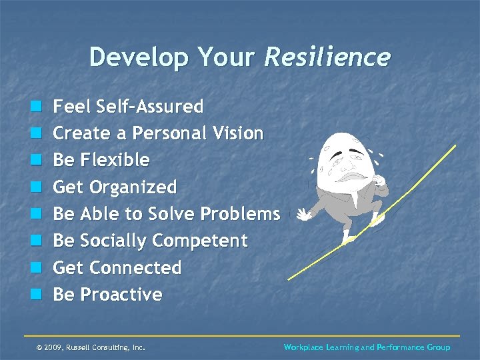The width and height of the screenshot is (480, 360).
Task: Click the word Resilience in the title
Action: [327, 57]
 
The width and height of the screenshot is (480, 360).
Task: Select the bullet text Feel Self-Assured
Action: [128, 107]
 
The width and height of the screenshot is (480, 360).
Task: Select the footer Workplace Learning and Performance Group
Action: [367, 347]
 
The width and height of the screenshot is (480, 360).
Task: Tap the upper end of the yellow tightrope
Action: [455, 146]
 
